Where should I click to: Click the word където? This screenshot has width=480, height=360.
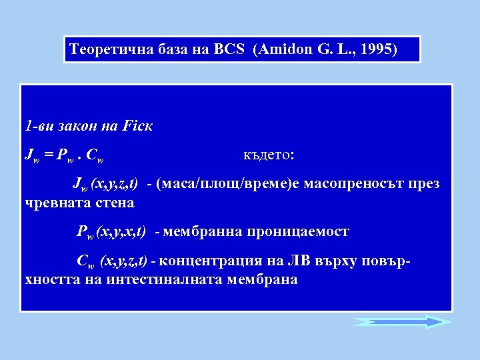pos(269,155)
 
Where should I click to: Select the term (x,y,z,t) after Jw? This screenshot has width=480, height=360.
pos(115,184)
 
